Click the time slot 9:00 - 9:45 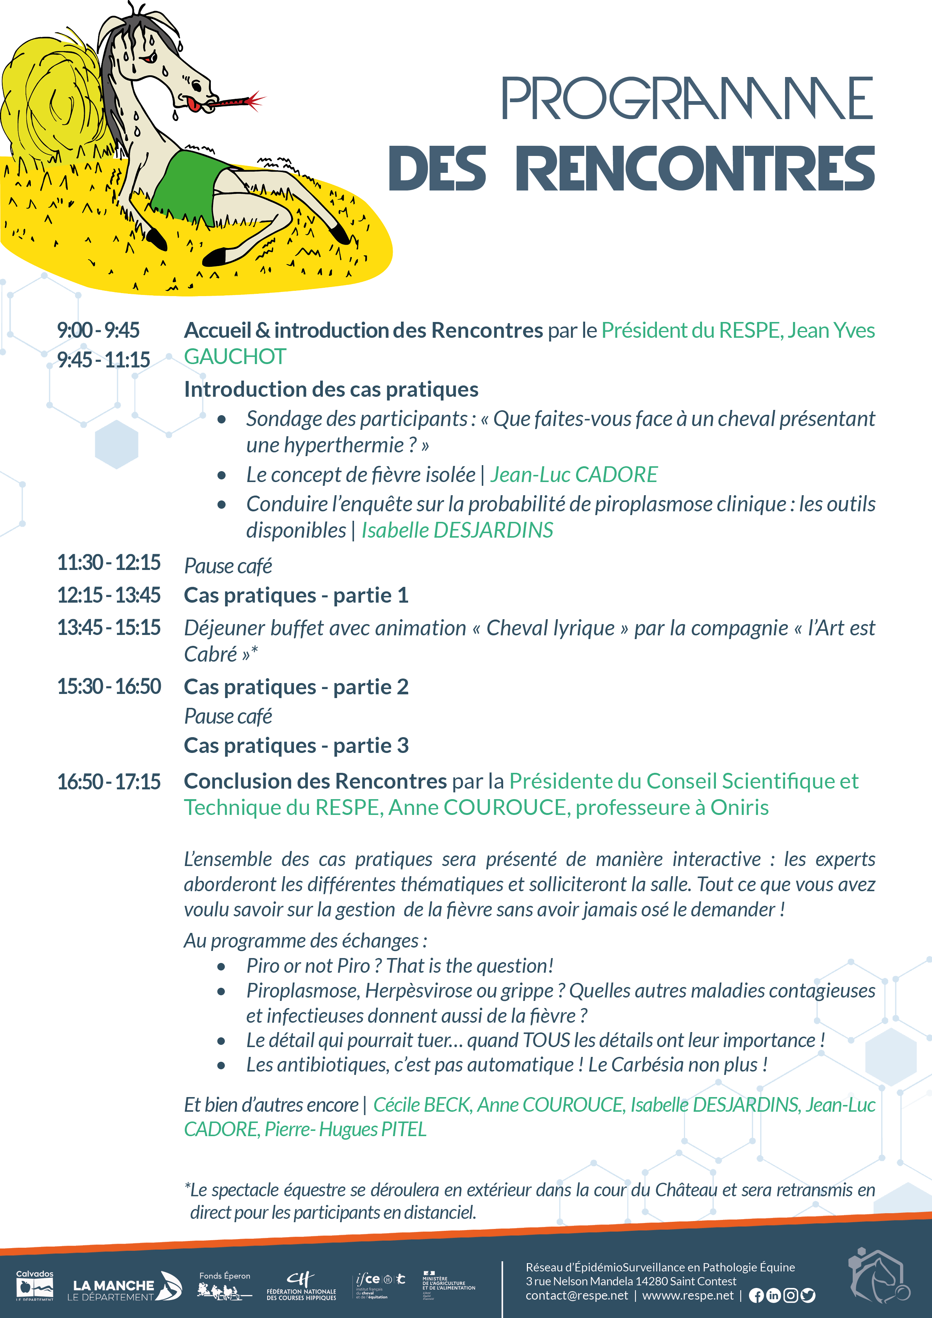98,330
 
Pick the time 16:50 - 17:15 109,781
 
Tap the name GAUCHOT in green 234,357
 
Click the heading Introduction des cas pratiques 331,389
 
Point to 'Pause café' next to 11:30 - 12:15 228,566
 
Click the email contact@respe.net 576,1295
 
